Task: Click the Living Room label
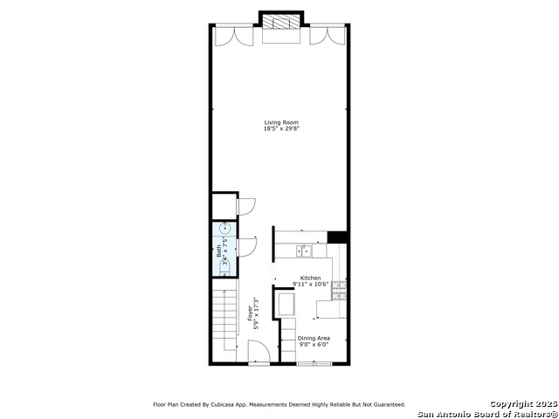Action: pyautogui.click(x=281, y=122)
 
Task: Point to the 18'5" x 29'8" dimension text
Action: pyautogui.click(x=281, y=129)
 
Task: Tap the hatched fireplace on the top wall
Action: pyautogui.click(x=281, y=22)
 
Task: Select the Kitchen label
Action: pyautogui.click(x=311, y=278)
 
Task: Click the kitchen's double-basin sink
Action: pyautogui.click(x=304, y=251)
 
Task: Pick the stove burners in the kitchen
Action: pyautogui.click(x=339, y=291)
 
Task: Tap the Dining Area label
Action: pyautogui.click(x=314, y=338)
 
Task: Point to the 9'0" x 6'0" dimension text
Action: pyautogui.click(x=314, y=345)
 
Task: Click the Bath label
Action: pyautogui.click(x=219, y=251)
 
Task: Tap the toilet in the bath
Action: pyautogui.click(x=225, y=269)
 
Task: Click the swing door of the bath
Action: pyautogui.click(x=247, y=247)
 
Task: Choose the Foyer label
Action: pyautogui.click(x=250, y=313)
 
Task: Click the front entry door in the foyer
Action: pyautogui.click(x=259, y=352)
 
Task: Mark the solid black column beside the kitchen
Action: pyautogui.click(x=337, y=237)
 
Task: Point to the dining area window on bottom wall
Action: pyautogui.click(x=314, y=363)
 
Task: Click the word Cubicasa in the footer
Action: pyautogui.click(x=219, y=405)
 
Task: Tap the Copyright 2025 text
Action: pyautogui.click(x=523, y=404)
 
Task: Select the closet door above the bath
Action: pyautogui.click(x=246, y=207)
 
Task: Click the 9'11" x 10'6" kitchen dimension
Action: pyautogui.click(x=311, y=285)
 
